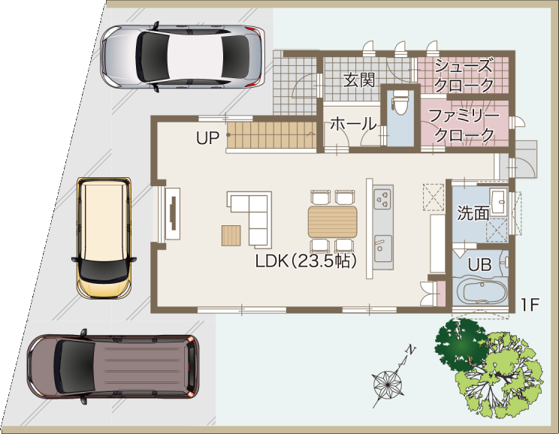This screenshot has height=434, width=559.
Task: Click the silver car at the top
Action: pyautogui.click(x=183, y=57)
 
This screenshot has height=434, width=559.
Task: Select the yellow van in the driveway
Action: pyautogui.click(x=104, y=237)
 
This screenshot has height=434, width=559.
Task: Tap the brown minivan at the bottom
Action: pyautogui.click(x=113, y=366)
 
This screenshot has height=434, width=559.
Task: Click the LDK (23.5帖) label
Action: pyautogui.click(x=306, y=261)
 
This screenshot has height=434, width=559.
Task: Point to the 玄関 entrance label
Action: pyautogui.click(x=359, y=80)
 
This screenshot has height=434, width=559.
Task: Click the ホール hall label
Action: pyautogui.click(x=353, y=125)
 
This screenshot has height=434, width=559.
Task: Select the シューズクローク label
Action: pyautogui.click(x=464, y=75)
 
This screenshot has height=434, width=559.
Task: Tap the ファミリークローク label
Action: pyautogui.click(x=464, y=125)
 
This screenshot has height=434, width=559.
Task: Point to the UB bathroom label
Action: pyautogui.click(x=479, y=265)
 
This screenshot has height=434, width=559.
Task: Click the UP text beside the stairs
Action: pyautogui.click(x=207, y=138)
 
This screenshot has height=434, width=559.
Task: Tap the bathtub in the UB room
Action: pyautogui.click(x=482, y=291)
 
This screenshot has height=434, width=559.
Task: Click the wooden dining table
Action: pyautogui.click(x=333, y=222)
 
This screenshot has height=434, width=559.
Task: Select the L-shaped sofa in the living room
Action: pyautogui.click(x=252, y=218)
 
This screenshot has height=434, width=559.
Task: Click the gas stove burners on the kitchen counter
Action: pyautogui.click(x=383, y=199)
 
